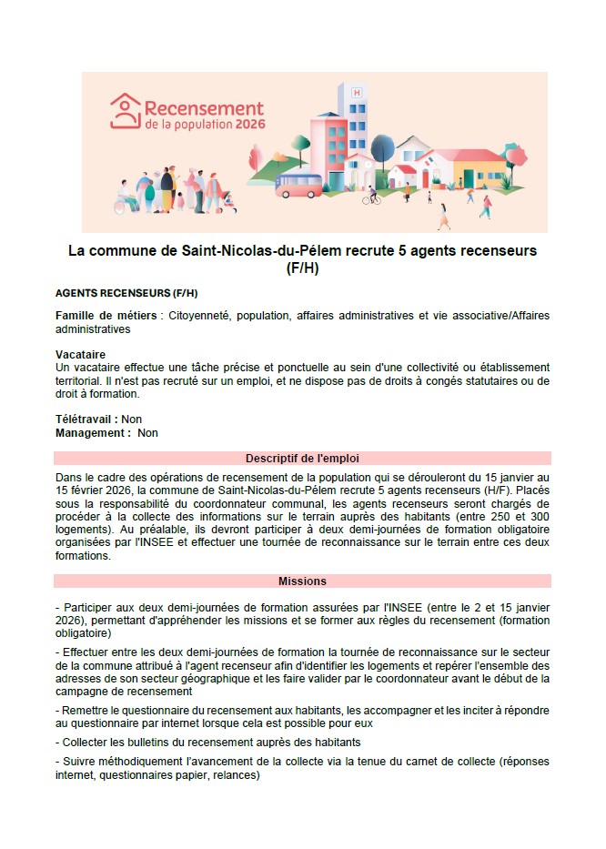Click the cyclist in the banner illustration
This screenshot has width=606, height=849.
pyautogui.click(x=371, y=194)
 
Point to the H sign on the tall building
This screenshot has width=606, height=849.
pyautogui.click(x=356, y=92)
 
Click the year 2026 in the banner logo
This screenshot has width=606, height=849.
pyautogui.click(x=247, y=125)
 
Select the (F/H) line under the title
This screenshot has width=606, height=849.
pyautogui.click(x=303, y=268)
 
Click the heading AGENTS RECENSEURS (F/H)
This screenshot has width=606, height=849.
pyautogui.click(x=126, y=294)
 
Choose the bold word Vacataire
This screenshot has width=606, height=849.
pyautogui.click(x=80, y=354)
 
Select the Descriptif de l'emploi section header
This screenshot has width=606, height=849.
pyautogui.click(x=302, y=458)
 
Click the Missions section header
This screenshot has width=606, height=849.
pyautogui.click(x=302, y=581)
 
